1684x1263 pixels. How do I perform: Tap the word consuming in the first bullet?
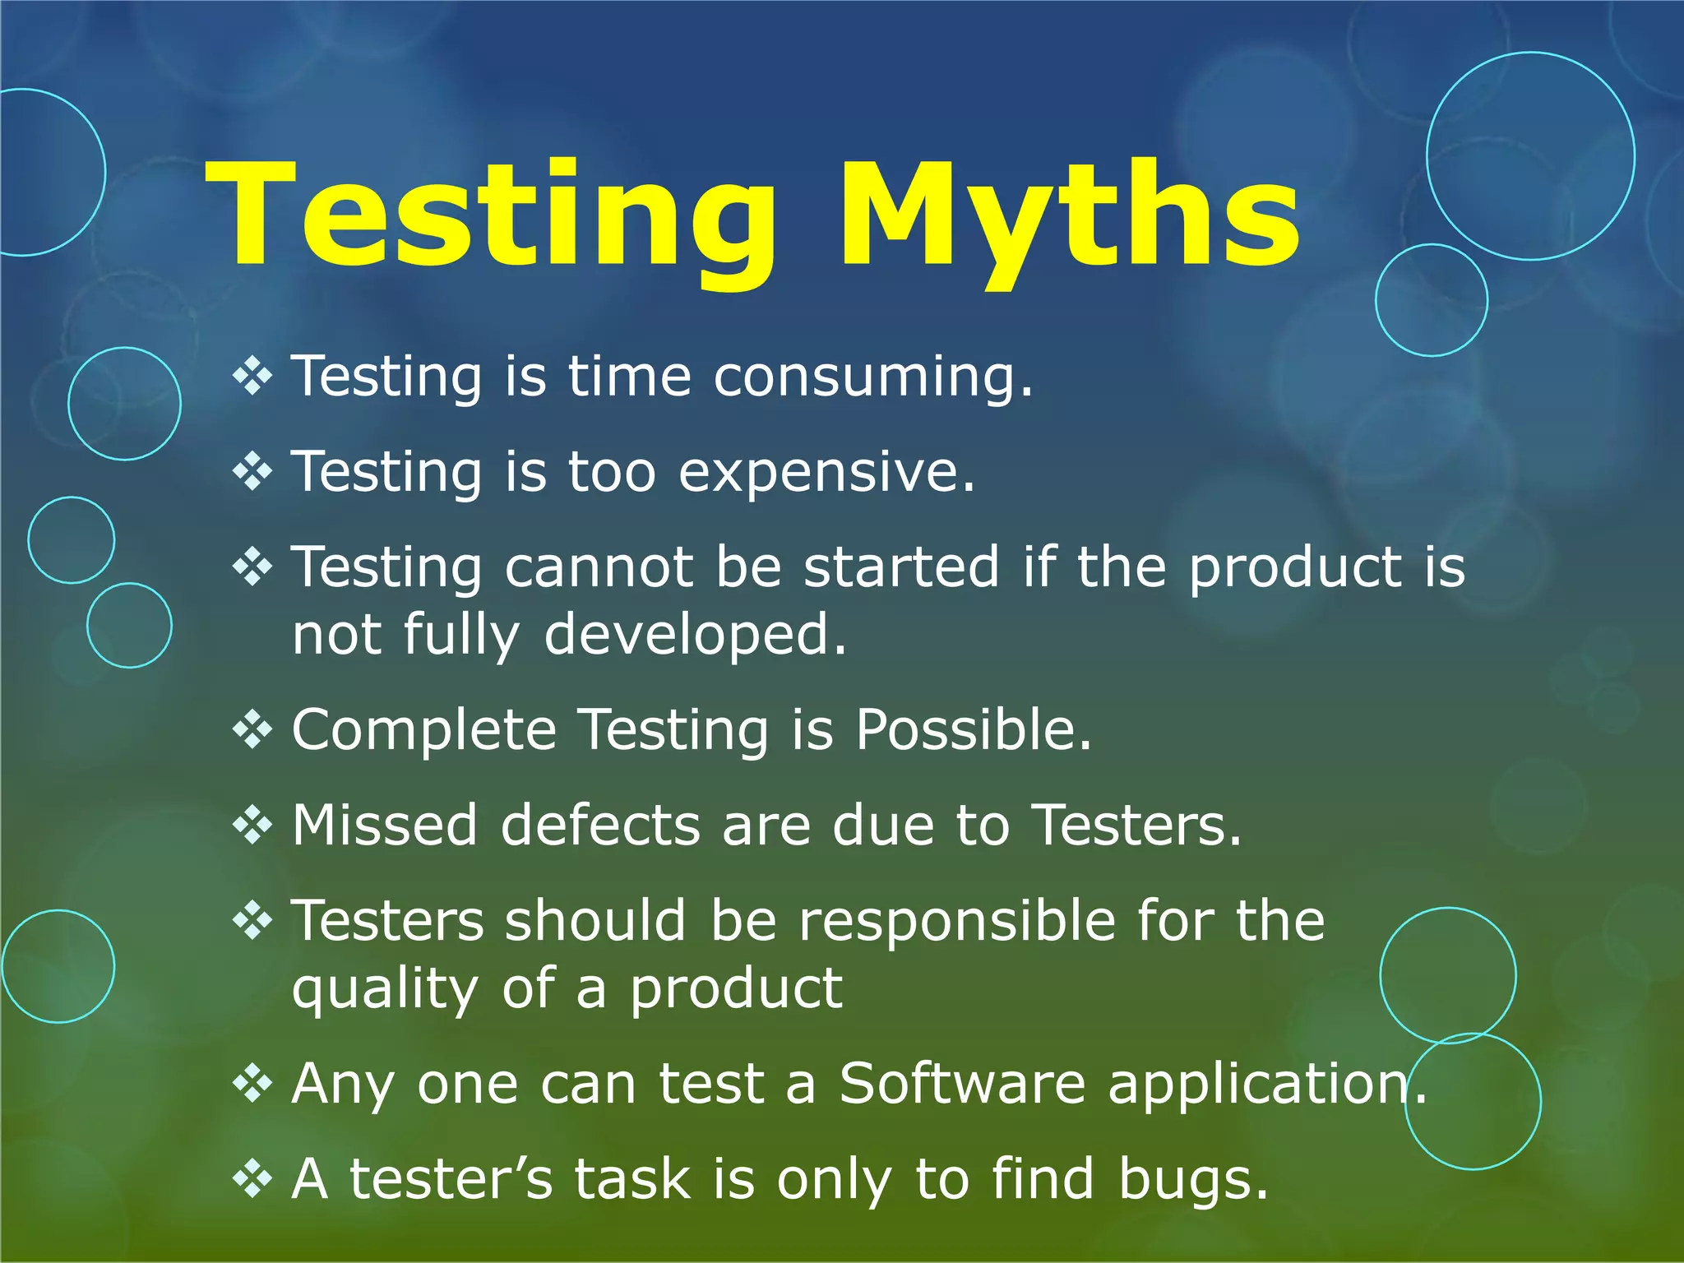(x=872, y=377)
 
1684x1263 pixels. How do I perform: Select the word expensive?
(x=826, y=473)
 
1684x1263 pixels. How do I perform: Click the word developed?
(x=694, y=636)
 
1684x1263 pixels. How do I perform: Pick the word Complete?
(x=424, y=730)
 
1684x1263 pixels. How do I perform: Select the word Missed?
(x=385, y=826)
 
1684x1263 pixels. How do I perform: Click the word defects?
(x=600, y=826)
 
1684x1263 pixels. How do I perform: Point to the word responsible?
(x=957, y=920)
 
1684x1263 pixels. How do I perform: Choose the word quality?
(x=385, y=989)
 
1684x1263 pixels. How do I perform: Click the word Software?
(x=962, y=1084)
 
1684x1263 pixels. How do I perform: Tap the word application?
(x=1266, y=1084)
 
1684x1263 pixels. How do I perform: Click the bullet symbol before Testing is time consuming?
(x=252, y=377)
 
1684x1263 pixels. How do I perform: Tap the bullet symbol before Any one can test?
(x=252, y=1083)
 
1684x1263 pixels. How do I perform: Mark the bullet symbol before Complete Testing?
(x=252, y=729)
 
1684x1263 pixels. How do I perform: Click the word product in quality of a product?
(x=736, y=989)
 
